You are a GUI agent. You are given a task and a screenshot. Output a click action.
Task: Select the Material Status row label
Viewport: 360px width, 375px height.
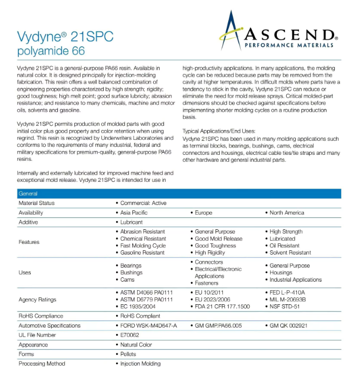[x=36, y=203]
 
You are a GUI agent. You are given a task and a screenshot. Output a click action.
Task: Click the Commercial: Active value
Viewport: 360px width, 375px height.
[x=144, y=203]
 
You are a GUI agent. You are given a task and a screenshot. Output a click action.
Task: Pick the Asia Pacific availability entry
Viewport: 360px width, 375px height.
[x=134, y=213]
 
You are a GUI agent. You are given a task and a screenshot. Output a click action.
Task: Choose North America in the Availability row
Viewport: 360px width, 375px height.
[x=287, y=213]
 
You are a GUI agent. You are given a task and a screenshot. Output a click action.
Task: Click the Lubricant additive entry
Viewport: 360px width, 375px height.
[x=132, y=222]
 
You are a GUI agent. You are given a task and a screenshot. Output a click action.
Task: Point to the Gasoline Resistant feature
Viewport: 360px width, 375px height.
[x=142, y=253]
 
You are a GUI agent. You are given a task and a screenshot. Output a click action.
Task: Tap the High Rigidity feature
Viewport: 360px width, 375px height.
[x=212, y=253]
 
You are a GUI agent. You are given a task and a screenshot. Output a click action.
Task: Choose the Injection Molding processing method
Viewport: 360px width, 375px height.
[x=140, y=364]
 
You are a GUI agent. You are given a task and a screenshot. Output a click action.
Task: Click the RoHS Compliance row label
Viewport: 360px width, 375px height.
[x=40, y=316]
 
